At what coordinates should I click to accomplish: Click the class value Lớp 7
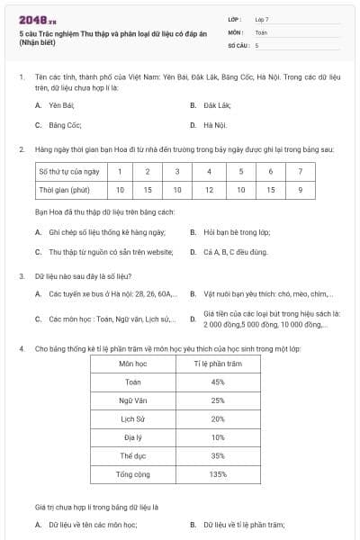(263, 19)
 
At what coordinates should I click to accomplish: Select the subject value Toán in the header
(261, 31)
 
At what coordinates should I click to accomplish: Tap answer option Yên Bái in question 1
(60, 105)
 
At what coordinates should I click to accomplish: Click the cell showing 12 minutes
(209, 190)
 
